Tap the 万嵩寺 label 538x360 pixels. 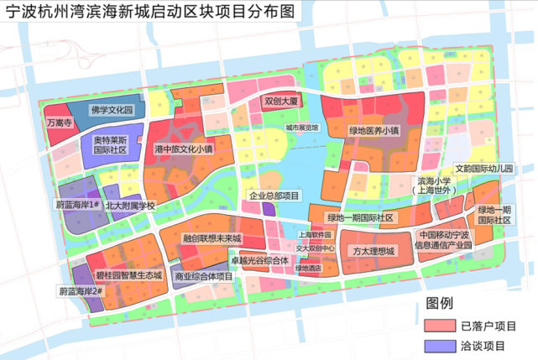(60, 123)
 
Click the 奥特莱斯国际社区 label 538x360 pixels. (110, 145)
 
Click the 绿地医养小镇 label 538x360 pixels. (374, 131)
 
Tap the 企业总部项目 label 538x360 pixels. (274, 196)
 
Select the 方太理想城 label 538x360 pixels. (373, 250)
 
